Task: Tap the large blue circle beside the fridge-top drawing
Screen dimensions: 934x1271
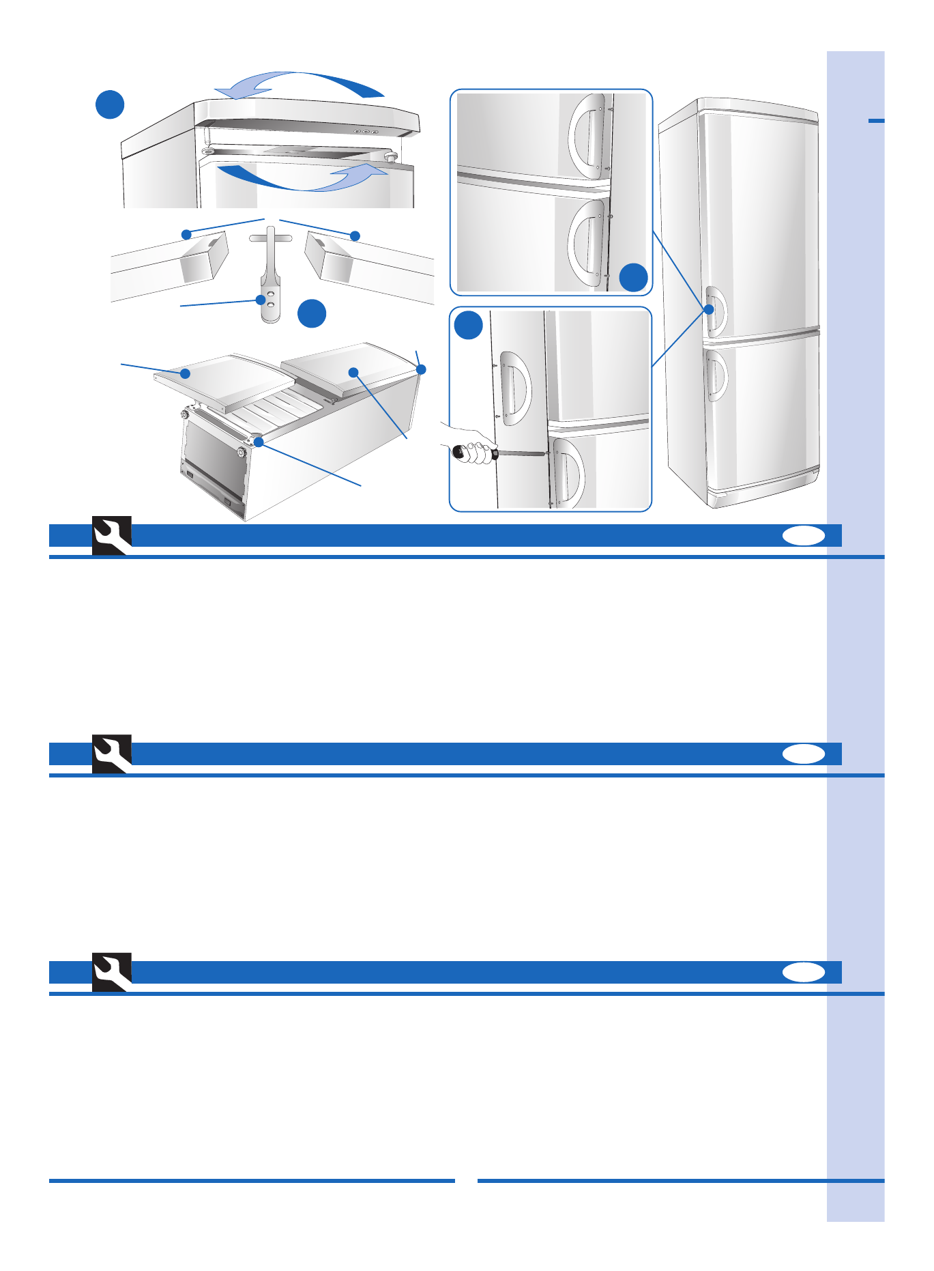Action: coord(110,104)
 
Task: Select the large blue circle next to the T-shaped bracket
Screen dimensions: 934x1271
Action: coord(312,313)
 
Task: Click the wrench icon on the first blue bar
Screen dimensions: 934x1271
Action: coord(112,536)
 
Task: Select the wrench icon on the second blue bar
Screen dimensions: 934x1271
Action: coord(112,754)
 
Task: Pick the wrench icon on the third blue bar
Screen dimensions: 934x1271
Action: coord(112,972)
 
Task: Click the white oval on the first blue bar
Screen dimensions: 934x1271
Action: coord(804,537)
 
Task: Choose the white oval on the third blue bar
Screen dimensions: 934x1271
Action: coord(804,973)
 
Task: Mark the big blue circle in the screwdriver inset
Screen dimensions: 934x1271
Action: coord(469,326)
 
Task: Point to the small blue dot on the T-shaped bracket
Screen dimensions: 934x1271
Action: coord(260,299)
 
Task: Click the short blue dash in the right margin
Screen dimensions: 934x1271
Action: coord(876,121)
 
